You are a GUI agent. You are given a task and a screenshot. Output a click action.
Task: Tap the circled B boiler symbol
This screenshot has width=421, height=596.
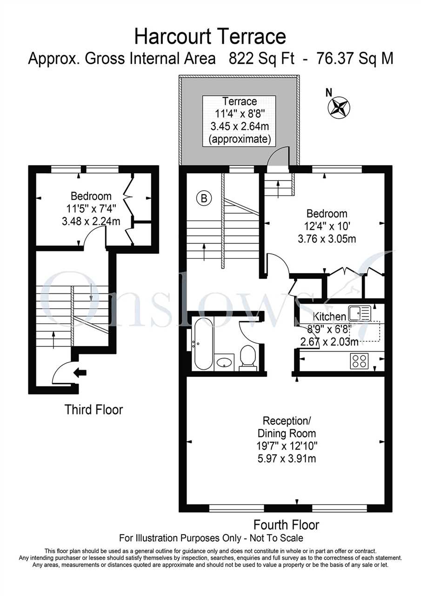pyautogui.click(x=204, y=198)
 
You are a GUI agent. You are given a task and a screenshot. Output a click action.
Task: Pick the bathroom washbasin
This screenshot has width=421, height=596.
pyautogui.click(x=224, y=362)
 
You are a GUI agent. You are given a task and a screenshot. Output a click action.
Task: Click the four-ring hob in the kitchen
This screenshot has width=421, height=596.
pyautogui.click(x=360, y=361)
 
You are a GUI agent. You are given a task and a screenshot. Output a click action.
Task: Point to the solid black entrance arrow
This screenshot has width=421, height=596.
pyautogui.click(x=80, y=373)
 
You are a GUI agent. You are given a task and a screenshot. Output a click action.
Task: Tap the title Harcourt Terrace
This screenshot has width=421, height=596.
pyautogui.click(x=210, y=37)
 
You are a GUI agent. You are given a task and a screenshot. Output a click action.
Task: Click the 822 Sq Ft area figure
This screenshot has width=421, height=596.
pyautogui.click(x=261, y=59)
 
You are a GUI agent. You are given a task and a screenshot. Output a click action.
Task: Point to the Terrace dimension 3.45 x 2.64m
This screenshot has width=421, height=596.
pyautogui.click(x=240, y=126)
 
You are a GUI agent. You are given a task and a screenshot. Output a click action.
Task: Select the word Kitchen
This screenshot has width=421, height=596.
pyautogui.click(x=329, y=317)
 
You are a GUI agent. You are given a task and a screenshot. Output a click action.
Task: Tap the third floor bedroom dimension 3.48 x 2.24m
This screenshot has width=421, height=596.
pyautogui.click(x=91, y=221)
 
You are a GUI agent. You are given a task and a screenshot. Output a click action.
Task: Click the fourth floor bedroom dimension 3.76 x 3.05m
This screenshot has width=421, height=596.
pyautogui.click(x=327, y=239)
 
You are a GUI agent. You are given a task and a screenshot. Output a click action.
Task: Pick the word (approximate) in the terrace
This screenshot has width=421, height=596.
pyautogui.click(x=240, y=139)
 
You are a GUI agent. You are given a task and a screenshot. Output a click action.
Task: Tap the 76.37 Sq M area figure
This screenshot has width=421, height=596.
pyautogui.click(x=354, y=59)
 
